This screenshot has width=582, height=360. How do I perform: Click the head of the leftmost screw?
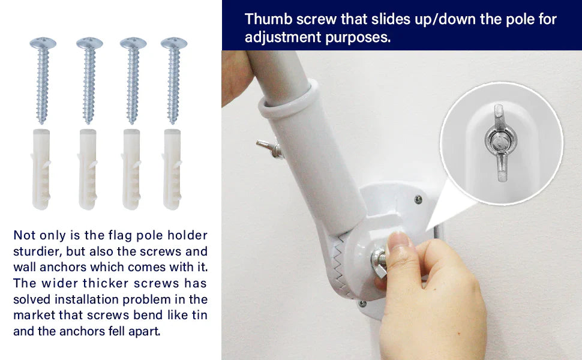[x=43, y=43]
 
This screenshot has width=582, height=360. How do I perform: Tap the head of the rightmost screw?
[x=174, y=43]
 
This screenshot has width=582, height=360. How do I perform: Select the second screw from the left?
[x=89, y=81]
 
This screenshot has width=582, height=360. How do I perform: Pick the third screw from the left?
[x=133, y=81]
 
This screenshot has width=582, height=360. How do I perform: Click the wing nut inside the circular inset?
[x=499, y=143]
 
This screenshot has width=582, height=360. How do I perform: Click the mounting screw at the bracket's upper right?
[x=419, y=199]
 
